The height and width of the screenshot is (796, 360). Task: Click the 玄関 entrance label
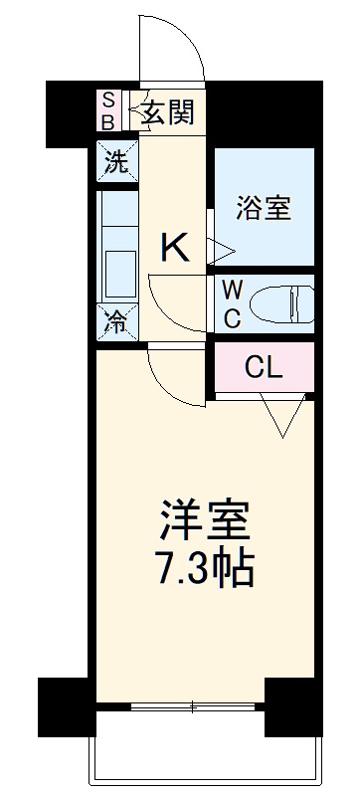pos(167,109)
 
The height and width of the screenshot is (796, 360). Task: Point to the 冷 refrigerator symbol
pos(117,321)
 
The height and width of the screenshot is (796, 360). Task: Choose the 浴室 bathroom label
pos(263,210)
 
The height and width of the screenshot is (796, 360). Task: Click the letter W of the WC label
pos(231,290)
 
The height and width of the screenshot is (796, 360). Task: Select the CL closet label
pos(265,368)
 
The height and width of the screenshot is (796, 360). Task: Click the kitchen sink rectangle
pos(120,270)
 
